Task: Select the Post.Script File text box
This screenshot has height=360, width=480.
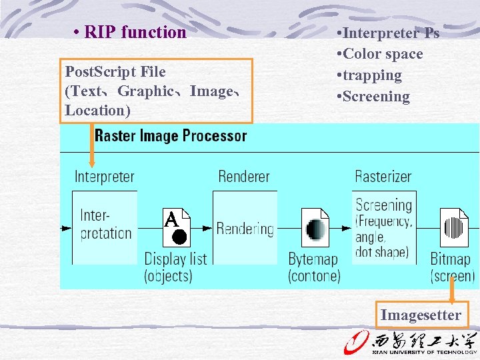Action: point(157,91)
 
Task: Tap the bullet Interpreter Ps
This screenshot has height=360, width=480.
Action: point(389,33)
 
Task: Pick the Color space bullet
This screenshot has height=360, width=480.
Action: point(381,54)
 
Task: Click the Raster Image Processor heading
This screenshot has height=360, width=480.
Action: point(171,136)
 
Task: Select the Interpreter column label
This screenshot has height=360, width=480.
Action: point(104,177)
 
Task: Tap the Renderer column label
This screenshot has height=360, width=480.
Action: point(244,177)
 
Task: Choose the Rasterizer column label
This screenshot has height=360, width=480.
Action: point(383,177)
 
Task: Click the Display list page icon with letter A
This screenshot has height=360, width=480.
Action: point(177,227)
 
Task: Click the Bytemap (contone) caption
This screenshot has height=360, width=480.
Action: point(314,267)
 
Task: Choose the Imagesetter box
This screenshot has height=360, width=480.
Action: point(421,315)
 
